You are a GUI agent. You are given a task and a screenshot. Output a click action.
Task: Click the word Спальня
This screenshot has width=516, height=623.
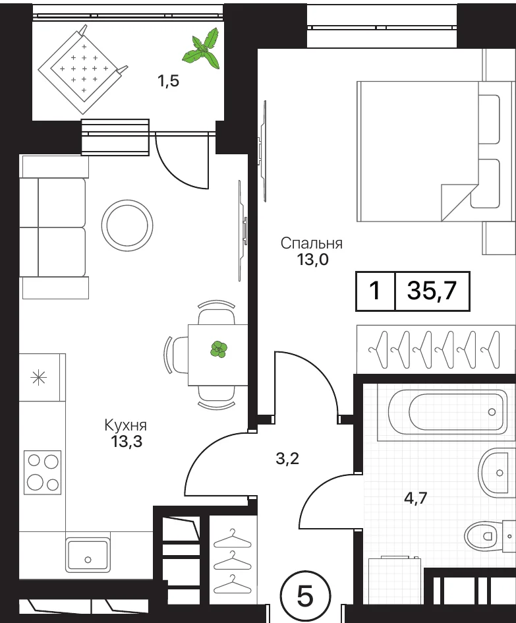(x=312, y=243)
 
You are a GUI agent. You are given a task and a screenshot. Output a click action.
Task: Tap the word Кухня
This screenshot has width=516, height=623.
(x=125, y=425)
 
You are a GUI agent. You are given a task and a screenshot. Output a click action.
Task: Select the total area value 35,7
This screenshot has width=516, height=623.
(x=432, y=291)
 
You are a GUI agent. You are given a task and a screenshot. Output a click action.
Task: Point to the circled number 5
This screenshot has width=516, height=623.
(x=305, y=597)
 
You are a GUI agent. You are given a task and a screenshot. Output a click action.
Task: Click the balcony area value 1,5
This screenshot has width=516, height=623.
(x=169, y=81)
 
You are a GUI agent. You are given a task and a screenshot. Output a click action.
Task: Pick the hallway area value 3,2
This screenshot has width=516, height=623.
(x=287, y=458)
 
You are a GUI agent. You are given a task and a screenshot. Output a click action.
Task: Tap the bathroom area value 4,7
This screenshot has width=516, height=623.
(x=415, y=498)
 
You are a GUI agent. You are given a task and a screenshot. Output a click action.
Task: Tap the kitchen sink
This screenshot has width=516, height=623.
(x=88, y=555)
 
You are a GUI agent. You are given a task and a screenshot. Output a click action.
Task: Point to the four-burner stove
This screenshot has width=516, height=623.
(x=42, y=473)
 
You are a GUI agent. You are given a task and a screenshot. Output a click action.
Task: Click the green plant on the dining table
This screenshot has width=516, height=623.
(x=218, y=349)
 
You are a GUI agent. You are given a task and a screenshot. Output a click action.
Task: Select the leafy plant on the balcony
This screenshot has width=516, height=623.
(x=202, y=49)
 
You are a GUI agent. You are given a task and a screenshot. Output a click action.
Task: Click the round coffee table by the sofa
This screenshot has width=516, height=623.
(x=127, y=225)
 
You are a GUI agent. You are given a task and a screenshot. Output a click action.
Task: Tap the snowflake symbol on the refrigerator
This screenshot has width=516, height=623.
(x=39, y=377)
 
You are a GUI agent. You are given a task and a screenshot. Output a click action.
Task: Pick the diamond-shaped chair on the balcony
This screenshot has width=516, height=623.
(x=83, y=69)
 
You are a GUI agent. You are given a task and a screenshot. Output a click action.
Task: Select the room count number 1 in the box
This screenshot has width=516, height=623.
(x=374, y=291)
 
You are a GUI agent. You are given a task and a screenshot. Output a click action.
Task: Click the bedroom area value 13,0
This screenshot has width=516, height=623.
(x=312, y=260)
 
